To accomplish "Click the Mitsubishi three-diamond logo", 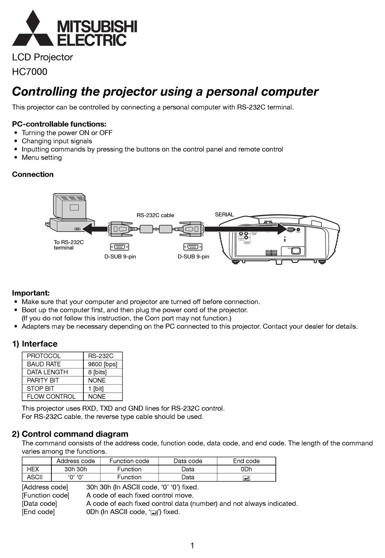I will click(33, 29).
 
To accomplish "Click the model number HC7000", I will click(30, 72).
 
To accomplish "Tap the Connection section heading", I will click(33, 175).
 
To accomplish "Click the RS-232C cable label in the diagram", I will click(155, 215).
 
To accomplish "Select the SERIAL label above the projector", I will click(224, 215).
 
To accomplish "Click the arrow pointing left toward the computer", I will click(95, 230).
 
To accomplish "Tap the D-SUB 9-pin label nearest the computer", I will click(120, 257).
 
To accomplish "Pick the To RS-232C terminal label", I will click(68, 245).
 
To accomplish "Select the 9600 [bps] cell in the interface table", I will click(103, 364).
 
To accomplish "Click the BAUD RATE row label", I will click(44, 364).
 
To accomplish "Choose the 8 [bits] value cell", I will click(97, 372).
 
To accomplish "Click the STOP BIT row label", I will click(41, 388).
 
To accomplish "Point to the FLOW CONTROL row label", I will click(51, 396).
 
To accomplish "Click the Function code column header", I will click(129, 461).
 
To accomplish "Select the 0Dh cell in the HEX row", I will click(246, 469).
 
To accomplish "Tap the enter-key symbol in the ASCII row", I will click(246, 478).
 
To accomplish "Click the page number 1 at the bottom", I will click(192, 545).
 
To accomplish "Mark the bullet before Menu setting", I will click(16, 158).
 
